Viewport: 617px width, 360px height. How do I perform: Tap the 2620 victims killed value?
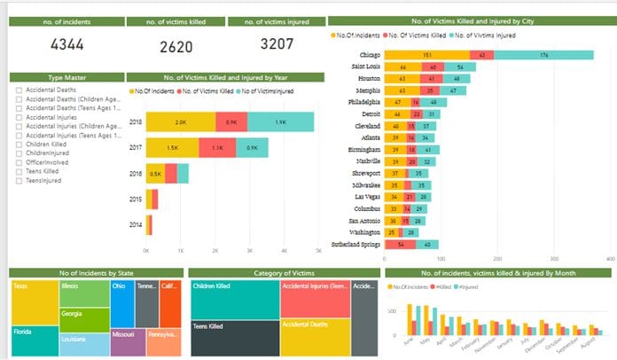tap(176, 47)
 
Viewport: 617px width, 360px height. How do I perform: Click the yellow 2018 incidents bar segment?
tap(180, 122)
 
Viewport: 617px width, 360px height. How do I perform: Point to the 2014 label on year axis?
tap(136, 225)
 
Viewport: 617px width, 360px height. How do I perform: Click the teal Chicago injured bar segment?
tap(543, 55)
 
